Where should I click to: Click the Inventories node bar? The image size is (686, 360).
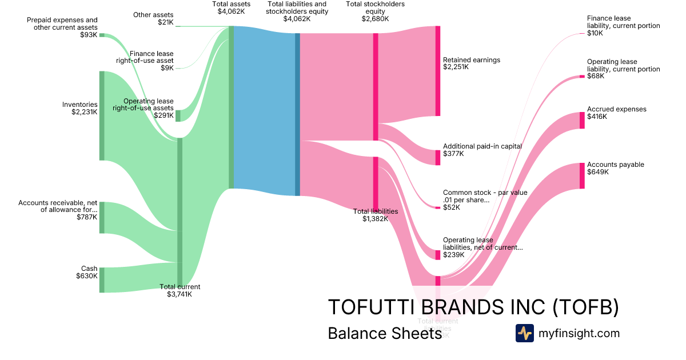[102, 115]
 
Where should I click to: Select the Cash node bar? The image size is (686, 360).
[102, 279]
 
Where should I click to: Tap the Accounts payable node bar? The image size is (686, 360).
[582, 175]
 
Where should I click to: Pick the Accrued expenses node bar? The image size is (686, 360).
[582, 120]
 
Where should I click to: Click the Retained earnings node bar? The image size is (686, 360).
[438, 71]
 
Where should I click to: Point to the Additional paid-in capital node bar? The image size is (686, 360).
[438, 157]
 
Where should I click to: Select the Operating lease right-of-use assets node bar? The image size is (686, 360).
[178, 115]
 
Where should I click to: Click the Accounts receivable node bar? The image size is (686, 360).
[102, 217]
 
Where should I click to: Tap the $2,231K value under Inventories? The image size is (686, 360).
[84, 112]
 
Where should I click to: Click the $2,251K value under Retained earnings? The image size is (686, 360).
[456, 67]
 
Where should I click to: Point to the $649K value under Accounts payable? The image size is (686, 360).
[597, 172]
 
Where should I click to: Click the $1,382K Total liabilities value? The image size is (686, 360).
[375, 218]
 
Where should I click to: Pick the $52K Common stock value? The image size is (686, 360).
[452, 207]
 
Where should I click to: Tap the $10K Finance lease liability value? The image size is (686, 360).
[595, 33]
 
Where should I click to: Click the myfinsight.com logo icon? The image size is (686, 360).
[524, 333]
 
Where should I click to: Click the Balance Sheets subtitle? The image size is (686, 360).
[384, 334]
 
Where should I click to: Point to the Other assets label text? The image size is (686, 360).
[153, 15]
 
